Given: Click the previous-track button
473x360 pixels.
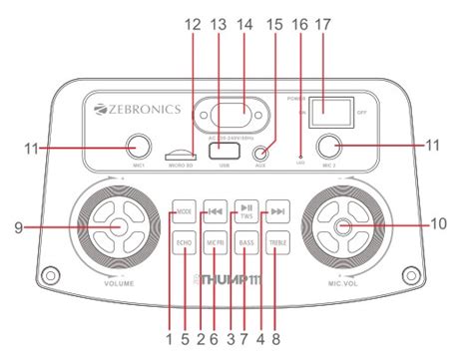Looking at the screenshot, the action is (x=215, y=211).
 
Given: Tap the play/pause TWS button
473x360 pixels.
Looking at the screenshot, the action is (x=246, y=210).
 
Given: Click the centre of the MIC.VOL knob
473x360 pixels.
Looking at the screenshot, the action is (x=343, y=226).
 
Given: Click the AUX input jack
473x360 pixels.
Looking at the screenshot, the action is (x=262, y=152).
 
